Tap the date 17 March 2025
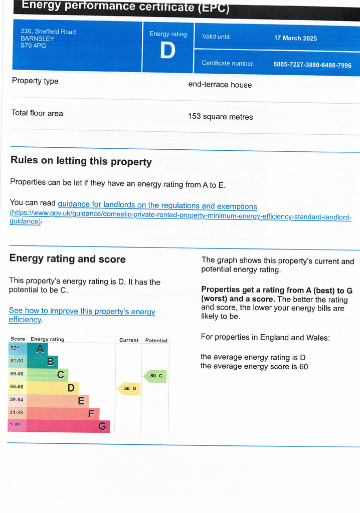pyautogui.click(x=295, y=38)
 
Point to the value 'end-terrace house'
pyautogui.click(x=220, y=85)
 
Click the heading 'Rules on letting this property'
pyautogui.click(x=81, y=162)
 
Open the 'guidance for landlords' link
pyautogui.click(x=157, y=206)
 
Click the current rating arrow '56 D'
pyautogui.click(x=129, y=389)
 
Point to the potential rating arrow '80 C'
pyautogui.click(x=155, y=376)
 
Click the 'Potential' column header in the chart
pyautogui.click(x=156, y=340)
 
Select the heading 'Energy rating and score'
pyautogui.click(x=68, y=259)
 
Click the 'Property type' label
pyautogui.click(x=35, y=81)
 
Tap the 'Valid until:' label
pyautogui.click(x=216, y=37)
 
